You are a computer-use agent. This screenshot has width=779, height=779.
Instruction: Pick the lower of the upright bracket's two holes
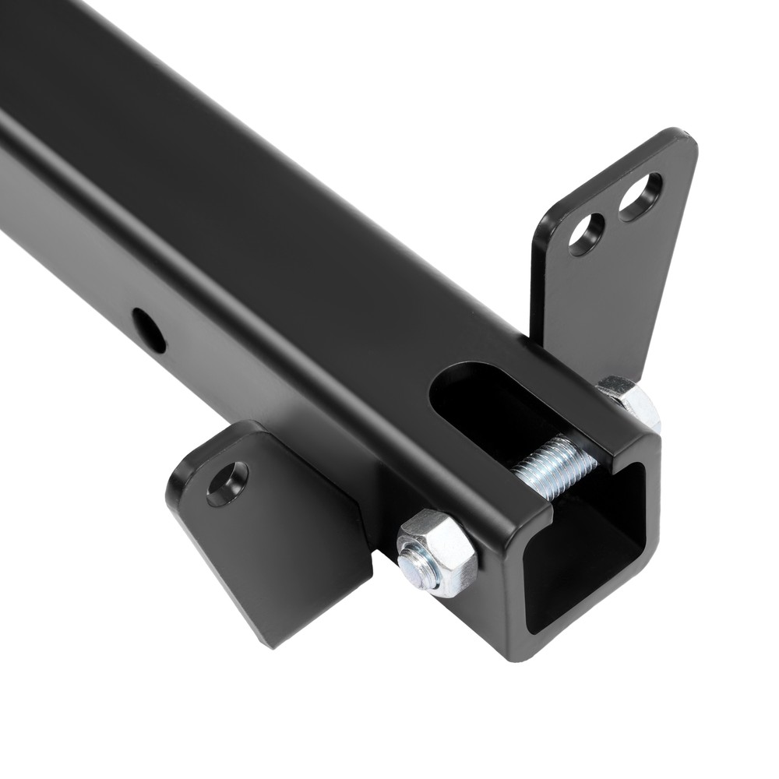tap(587, 232)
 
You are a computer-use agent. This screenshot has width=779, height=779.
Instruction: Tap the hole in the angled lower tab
tap(227, 483)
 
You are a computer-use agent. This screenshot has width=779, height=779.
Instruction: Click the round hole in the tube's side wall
tap(148, 329)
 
